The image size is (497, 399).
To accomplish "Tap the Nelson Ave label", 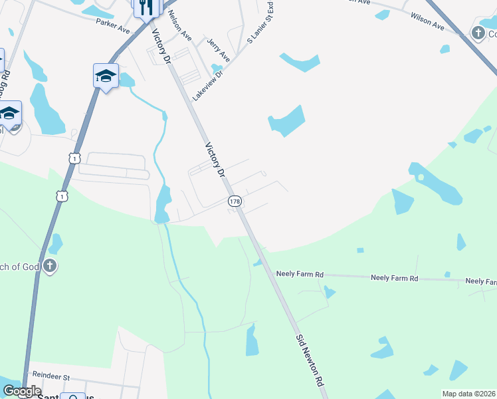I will (180, 26).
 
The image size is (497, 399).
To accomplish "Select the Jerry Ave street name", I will (217, 50).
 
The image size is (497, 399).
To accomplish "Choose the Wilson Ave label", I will (427, 21).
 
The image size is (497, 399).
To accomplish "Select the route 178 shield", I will (234, 201).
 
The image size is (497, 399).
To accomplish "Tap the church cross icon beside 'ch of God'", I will (50, 267).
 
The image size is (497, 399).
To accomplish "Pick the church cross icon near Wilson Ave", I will (478, 32).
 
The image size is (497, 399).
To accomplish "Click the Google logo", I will (22, 391).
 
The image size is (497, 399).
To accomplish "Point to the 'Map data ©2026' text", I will (468, 394).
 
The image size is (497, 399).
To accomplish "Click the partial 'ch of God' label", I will (20, 267).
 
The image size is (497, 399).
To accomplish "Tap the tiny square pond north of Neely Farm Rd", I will (360, 250).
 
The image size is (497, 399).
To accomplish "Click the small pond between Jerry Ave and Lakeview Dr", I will (215, 67).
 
